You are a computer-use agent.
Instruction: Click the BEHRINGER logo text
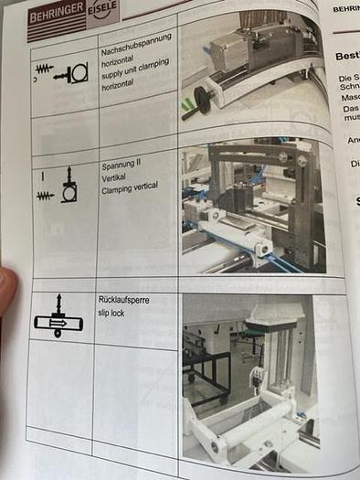[57, 16]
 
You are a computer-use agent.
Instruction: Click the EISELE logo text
[101, 12]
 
